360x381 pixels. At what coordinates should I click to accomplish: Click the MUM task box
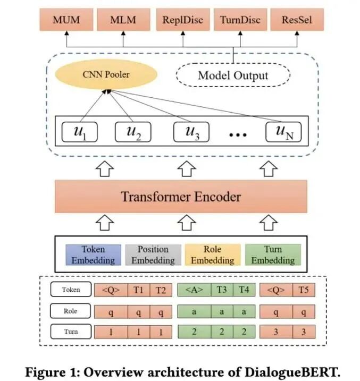coord(66,21)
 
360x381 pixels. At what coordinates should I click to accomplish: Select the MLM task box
coord(123,21)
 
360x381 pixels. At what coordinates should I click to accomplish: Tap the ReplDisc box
coord(183,21)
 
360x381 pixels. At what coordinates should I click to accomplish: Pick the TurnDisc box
coord(240,21)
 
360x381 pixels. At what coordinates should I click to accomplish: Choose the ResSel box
coord(296,21)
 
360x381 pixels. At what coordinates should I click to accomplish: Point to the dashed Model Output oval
coord(233,75)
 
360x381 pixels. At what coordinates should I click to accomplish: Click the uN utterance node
coord(283,132)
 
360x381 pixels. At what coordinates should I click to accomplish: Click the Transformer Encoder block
coord(181,197)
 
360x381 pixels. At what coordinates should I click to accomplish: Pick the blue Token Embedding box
coord(93,255)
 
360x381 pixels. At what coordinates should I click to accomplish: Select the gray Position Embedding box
coord(153,255)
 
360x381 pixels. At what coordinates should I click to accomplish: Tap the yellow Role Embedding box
coord(212,255)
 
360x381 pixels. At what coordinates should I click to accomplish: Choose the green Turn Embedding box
coord(273,255)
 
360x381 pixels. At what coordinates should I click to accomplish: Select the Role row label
coord(70,311)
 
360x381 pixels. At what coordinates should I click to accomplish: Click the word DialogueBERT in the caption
coord(292,371)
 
